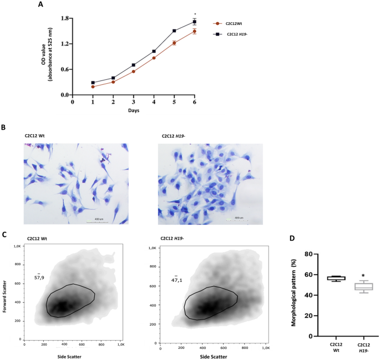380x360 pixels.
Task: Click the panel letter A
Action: pyautogui.click(x=40, y=5)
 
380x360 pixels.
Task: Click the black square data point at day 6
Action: pyautogui.click(x=194, y=22)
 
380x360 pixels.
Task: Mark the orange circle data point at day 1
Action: pyautogui.click(x=93, y=87)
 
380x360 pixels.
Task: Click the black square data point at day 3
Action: pyautogui.click(x=133, y=65)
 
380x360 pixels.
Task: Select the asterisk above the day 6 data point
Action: pyautogui.click(x=194, y=14)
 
